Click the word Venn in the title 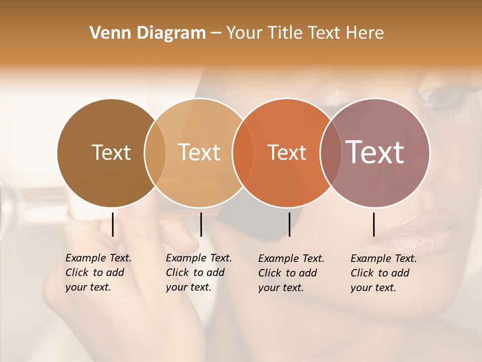coord(105,33)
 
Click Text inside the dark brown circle coord(111,152)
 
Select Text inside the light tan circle coord(199,152)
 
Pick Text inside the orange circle coord(287,152)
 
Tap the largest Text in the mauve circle coord(375,152)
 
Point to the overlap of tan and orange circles coord(243,152)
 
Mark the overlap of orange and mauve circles coord(330,152)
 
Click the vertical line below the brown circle coord(113,224)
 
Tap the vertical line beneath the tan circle coord(201,224)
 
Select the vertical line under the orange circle coord(289,224)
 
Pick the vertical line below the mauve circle coord(374,224)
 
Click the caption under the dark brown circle coord(98,273)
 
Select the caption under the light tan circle coord(198,273)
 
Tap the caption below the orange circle coord(291,273)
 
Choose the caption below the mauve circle coord(383,273)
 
